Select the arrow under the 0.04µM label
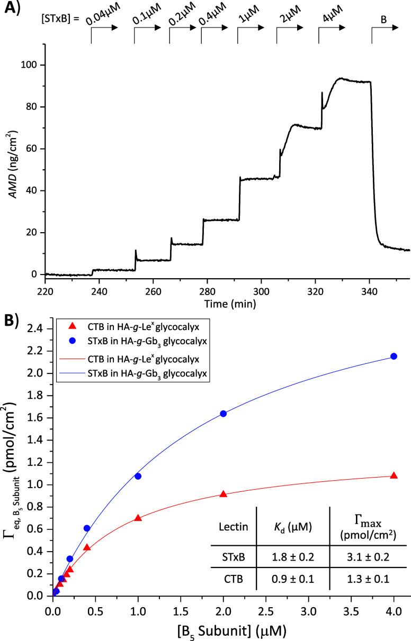click(x=104, y=33)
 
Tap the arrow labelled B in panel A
click(x=384, y=33)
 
